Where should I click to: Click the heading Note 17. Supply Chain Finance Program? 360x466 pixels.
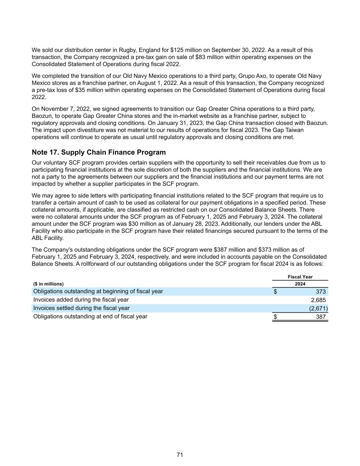(x=99, y=152)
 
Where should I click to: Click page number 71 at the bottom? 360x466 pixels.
(x=180, y=455)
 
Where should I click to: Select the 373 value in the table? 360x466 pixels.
(x=320, y=292)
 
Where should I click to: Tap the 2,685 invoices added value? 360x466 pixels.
(x=318, y=300)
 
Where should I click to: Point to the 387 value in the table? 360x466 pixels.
(x=320, y=317)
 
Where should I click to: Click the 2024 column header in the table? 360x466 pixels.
(x=300, y=284)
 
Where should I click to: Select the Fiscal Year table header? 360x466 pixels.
(x=300, y=277)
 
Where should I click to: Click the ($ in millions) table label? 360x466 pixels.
(x=48, y=284)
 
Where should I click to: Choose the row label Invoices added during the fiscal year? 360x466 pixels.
(x=81, y=300)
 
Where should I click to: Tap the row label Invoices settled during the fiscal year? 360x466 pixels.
(x=82, y=308)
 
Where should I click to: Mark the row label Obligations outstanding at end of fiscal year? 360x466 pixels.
(x=90, y=316)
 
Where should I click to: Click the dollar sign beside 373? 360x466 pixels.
(x=275, y=292)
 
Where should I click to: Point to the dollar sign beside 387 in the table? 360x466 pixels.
(x=275, y=317)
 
